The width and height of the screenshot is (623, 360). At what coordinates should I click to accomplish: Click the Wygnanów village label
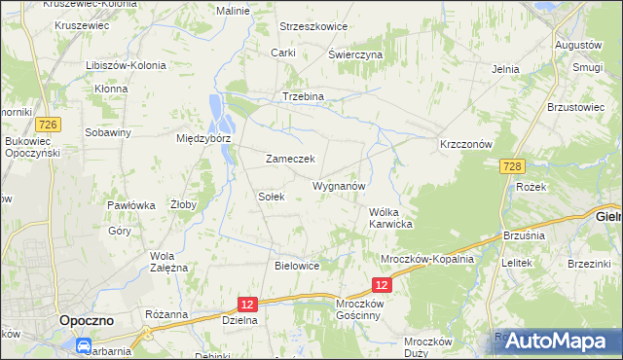(x=339, y=185)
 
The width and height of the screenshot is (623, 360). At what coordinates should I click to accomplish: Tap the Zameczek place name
(x=289, y=159)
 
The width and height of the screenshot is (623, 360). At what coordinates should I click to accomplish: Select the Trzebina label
(x=303, y=96)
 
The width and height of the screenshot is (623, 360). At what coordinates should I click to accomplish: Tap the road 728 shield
(x=514, y=167)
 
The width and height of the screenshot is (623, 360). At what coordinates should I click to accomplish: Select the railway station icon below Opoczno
(x=86, y=343)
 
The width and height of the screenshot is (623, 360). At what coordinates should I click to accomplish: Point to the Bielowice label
(x=298, y=265)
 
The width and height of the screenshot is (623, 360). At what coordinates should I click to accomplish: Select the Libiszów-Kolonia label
(x=126, y=65)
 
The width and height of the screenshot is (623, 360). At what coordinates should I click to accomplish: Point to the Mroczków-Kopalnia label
(x=426, y=259)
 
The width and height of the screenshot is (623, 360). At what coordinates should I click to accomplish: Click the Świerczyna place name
(x=355, y=54)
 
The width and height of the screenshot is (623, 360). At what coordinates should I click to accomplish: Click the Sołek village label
(x=271, y=196)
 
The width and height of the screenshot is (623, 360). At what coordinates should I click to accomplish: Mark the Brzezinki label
(x=588, y=264)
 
